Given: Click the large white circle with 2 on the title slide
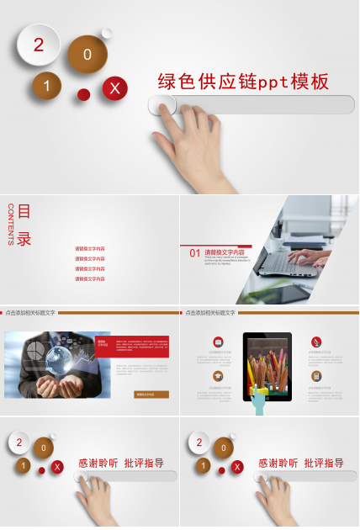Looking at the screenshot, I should [38, 45].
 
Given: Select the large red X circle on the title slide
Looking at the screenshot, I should [115, 87].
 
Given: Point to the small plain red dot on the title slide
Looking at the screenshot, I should [83, 94].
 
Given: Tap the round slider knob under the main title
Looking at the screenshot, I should [162, 104].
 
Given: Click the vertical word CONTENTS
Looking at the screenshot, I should [10, 225].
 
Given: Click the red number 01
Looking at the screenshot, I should [194, 252].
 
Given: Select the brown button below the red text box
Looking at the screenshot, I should [151, 394].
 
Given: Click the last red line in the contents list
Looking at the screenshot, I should [90, 279].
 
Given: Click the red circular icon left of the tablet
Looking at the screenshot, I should [218, 342].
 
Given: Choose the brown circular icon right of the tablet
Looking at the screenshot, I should [315, 375].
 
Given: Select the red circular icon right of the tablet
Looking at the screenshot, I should [315, 342].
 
